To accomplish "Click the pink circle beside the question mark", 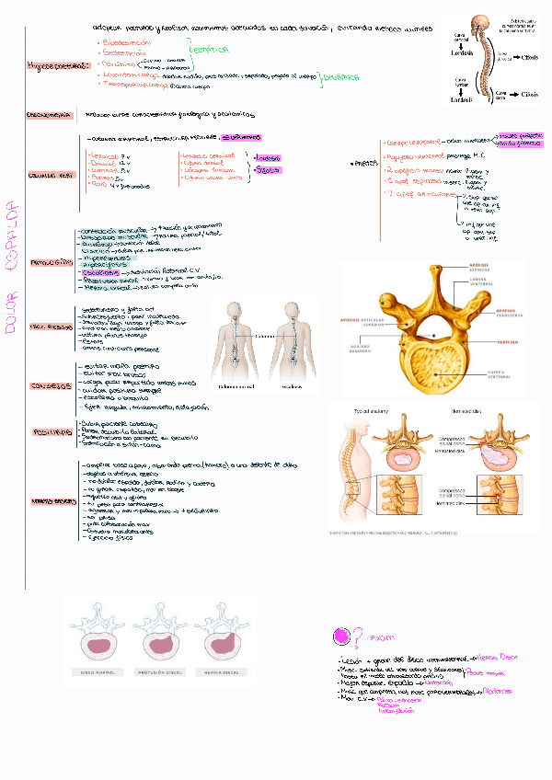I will [341, 636].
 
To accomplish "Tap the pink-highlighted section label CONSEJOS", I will [50, 384].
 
